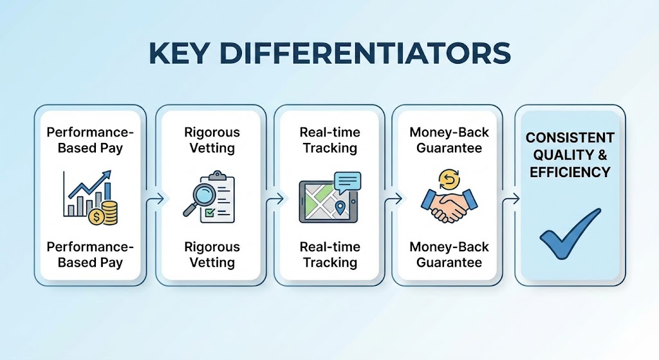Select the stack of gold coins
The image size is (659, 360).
click(110, 213)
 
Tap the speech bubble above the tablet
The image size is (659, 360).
click(347, 181)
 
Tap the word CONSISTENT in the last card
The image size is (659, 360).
click(570, 138)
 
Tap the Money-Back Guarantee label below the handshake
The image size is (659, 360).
click(449, 255)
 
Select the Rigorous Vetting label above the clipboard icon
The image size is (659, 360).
click(212, 140)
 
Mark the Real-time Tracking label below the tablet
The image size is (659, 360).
click(330, 255)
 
